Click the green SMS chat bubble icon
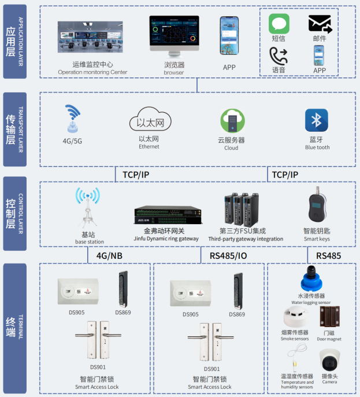(279, 24)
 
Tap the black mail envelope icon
(320, 24)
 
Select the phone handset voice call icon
(279, 55)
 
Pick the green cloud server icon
(231, 121)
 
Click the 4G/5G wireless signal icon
(73, 119)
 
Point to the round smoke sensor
(295, 317)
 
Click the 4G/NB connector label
(110, 255)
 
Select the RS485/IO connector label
(228, 255)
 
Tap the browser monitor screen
(174, 36)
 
